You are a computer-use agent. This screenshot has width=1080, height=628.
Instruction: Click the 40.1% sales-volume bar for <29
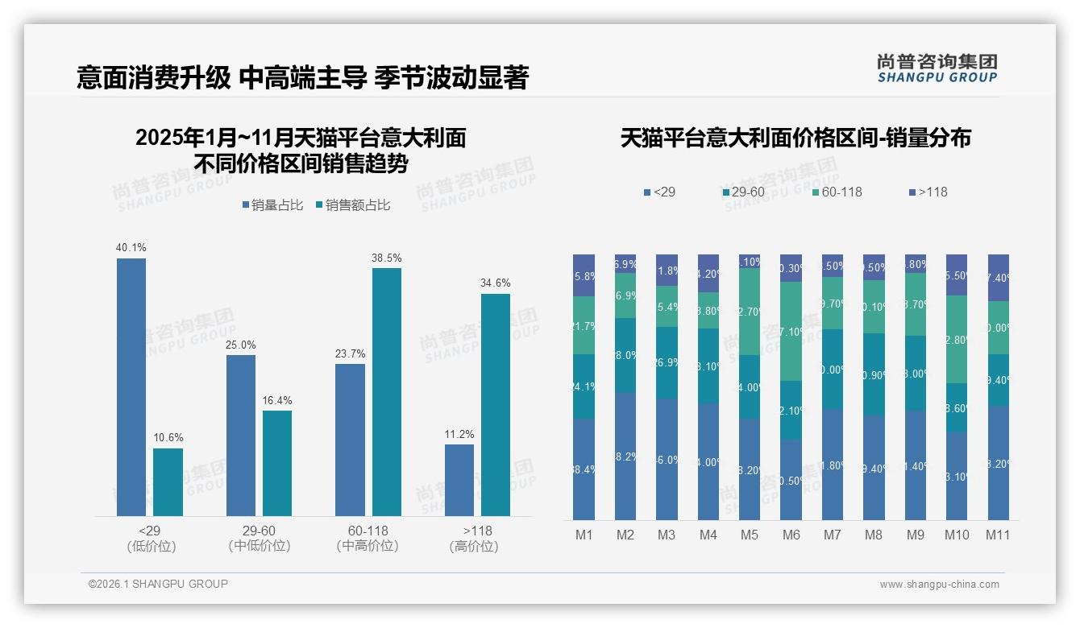tap(131, 386)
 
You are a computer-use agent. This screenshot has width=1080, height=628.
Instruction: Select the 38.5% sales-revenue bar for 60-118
tap(386, 391)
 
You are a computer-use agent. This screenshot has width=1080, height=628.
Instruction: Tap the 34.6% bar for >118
tap(496, 404)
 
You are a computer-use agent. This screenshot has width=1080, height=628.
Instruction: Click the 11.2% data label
tap(459, 435)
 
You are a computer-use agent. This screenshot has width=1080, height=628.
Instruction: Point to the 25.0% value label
tap(241, 345)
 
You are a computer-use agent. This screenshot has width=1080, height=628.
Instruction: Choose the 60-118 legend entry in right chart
tap(837, 192)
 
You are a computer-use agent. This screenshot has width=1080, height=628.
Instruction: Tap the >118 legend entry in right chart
tap(928, 192)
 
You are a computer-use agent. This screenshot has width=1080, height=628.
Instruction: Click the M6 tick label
tap(791, 535)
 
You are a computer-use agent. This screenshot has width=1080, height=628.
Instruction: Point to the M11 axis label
tap(998, 535)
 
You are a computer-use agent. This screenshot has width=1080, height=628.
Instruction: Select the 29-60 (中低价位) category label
tap(260, 539)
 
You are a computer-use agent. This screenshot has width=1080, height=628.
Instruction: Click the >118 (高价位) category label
tap(477, 539)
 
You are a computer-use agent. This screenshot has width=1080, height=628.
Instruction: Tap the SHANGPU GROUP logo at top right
tap(937, 68)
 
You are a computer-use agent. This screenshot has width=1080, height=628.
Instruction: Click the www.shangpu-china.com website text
tap(939, 585)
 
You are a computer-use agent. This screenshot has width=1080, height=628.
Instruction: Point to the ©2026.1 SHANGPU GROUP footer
tap(158, 584)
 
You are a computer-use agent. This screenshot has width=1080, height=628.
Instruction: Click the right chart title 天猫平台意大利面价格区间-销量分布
tap(795, 138)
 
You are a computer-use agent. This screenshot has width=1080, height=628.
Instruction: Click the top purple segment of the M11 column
tap(998, 277)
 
